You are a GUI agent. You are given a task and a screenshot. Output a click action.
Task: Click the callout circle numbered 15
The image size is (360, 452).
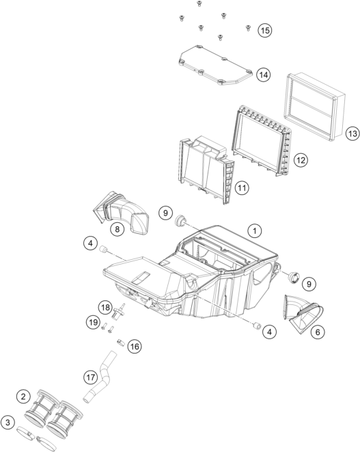tap(265, 30)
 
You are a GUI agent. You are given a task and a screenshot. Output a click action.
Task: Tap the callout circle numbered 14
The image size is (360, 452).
tap(264, 75)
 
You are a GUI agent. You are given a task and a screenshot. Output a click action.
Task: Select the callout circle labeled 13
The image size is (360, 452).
tap(352, 134)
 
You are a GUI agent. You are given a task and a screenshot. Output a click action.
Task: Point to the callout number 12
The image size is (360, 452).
tap(301, 160)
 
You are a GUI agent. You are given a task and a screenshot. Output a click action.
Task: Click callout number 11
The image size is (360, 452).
tap(242, 188)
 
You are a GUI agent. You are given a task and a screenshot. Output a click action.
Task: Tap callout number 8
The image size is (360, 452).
tap(117, 229)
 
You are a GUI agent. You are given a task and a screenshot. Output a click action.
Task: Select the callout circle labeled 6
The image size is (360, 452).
tap(318, 332)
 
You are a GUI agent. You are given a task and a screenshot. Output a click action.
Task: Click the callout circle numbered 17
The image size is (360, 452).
tap(91, 377)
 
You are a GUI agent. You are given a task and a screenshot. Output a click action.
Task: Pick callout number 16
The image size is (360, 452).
tap(135, 346)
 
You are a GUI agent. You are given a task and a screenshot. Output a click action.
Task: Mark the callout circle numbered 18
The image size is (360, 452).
tap(105, 308)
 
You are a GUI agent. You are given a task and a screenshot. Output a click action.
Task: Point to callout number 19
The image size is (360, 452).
tap(94, 322)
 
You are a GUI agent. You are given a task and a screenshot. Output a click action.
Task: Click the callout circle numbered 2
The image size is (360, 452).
tap(23, 397)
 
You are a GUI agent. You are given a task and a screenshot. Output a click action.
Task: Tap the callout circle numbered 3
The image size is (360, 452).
tap(8, 423)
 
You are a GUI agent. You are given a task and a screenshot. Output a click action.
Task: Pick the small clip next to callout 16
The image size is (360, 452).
tap(120, 343)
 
